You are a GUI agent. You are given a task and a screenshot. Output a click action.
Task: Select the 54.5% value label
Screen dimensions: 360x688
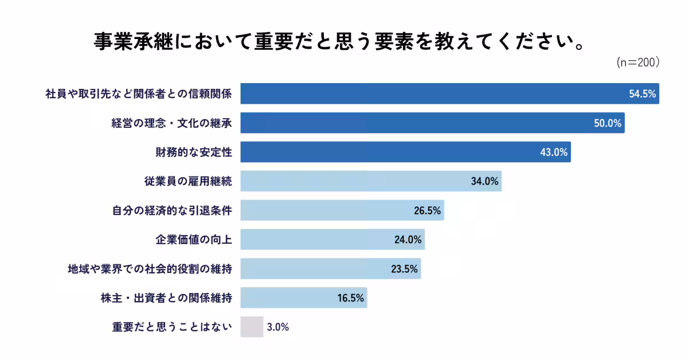pos(642,94)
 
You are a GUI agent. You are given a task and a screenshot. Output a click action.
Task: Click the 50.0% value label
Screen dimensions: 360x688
pos(608,123)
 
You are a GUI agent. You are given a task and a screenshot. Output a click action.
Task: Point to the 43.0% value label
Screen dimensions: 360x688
pos(554,152)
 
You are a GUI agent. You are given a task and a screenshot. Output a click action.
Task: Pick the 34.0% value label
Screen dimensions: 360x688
pos(485,182)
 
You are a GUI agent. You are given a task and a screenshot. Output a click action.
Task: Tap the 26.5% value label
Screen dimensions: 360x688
pos(427,211)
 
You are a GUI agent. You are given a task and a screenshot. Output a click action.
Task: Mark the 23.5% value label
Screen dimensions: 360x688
pos(404,269)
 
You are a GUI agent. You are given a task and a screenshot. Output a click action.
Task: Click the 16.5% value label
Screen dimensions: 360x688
pos(350,298)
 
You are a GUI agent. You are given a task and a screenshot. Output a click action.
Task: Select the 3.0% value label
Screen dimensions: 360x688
pos(277,327)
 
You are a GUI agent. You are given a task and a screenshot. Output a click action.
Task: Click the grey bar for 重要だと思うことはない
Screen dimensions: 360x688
pos(252,327)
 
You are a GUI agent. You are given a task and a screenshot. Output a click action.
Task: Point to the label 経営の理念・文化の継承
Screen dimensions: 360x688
pos(171,123)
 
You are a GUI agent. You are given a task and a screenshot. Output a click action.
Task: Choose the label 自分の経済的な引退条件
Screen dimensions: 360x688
pos(171,211)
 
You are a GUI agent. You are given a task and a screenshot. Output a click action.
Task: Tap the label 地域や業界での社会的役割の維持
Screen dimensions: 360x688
pos(150,269)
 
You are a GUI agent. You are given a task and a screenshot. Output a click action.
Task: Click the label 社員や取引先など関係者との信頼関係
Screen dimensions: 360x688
pos(138,94)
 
